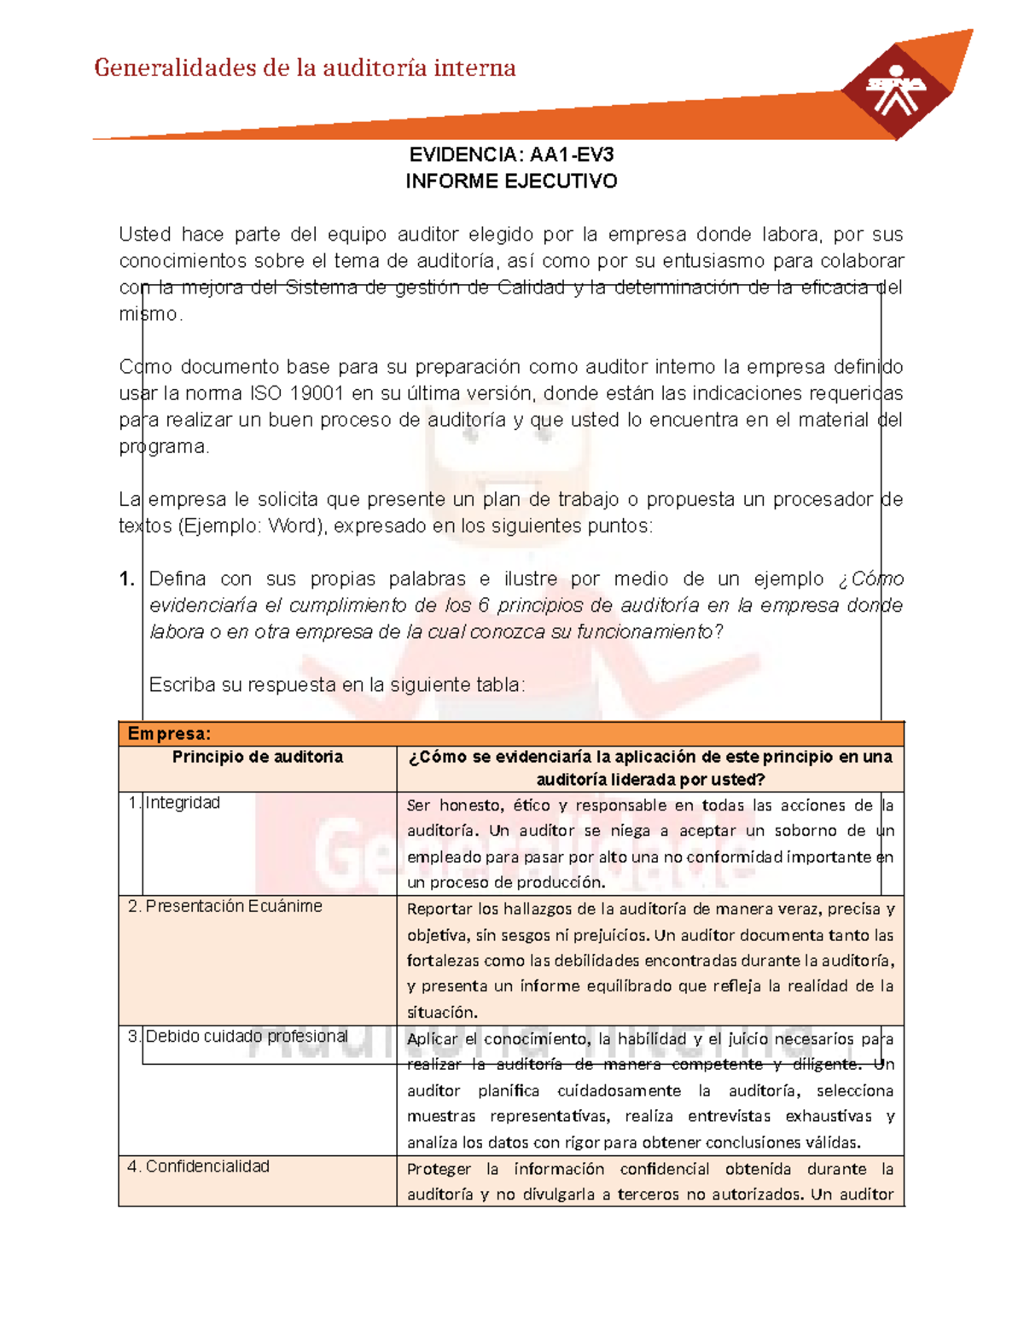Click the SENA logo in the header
point(895,90)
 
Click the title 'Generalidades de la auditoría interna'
point(305,68)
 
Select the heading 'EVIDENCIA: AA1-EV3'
point(511,155)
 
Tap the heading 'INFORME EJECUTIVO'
point(511,182)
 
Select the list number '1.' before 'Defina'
point(127,579)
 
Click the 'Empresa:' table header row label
point(169,734)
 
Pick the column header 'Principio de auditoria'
point(258,757)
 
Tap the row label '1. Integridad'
point(175,803)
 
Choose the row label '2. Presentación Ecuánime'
point(225,906)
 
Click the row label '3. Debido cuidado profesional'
point(238,1037)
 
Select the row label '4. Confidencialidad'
point(199,1166)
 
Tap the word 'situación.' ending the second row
point(441,1013)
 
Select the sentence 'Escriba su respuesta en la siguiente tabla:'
point(337,685)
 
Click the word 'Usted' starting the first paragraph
point(144,235)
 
